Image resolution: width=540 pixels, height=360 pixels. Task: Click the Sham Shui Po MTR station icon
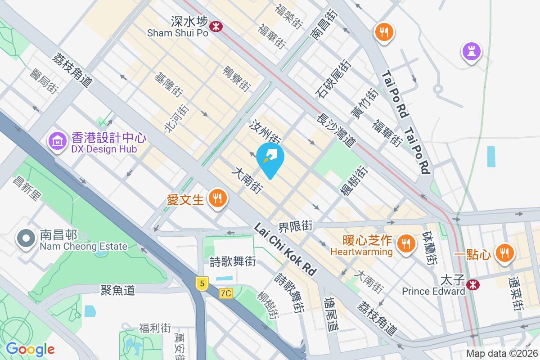217,26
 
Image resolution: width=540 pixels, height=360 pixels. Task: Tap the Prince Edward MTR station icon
472,284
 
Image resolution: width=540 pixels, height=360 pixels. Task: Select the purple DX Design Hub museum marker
58,142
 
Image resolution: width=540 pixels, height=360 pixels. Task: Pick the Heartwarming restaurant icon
406,244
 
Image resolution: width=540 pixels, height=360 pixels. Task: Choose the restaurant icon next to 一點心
504,253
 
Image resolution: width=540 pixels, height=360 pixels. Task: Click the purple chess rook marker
471,51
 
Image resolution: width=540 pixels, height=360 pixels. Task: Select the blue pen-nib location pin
270,158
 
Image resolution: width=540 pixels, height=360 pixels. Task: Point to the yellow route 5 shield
202,283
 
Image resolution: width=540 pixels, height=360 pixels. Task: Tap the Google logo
30,349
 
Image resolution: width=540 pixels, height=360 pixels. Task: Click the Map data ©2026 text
501,354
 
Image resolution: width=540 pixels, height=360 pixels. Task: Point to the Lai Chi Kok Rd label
285,249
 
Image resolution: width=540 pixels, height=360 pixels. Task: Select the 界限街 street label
295,226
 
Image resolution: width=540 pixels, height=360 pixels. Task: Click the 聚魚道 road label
118,290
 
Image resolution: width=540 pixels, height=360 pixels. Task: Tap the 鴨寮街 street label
237,77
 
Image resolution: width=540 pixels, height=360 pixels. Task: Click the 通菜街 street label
517,293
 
